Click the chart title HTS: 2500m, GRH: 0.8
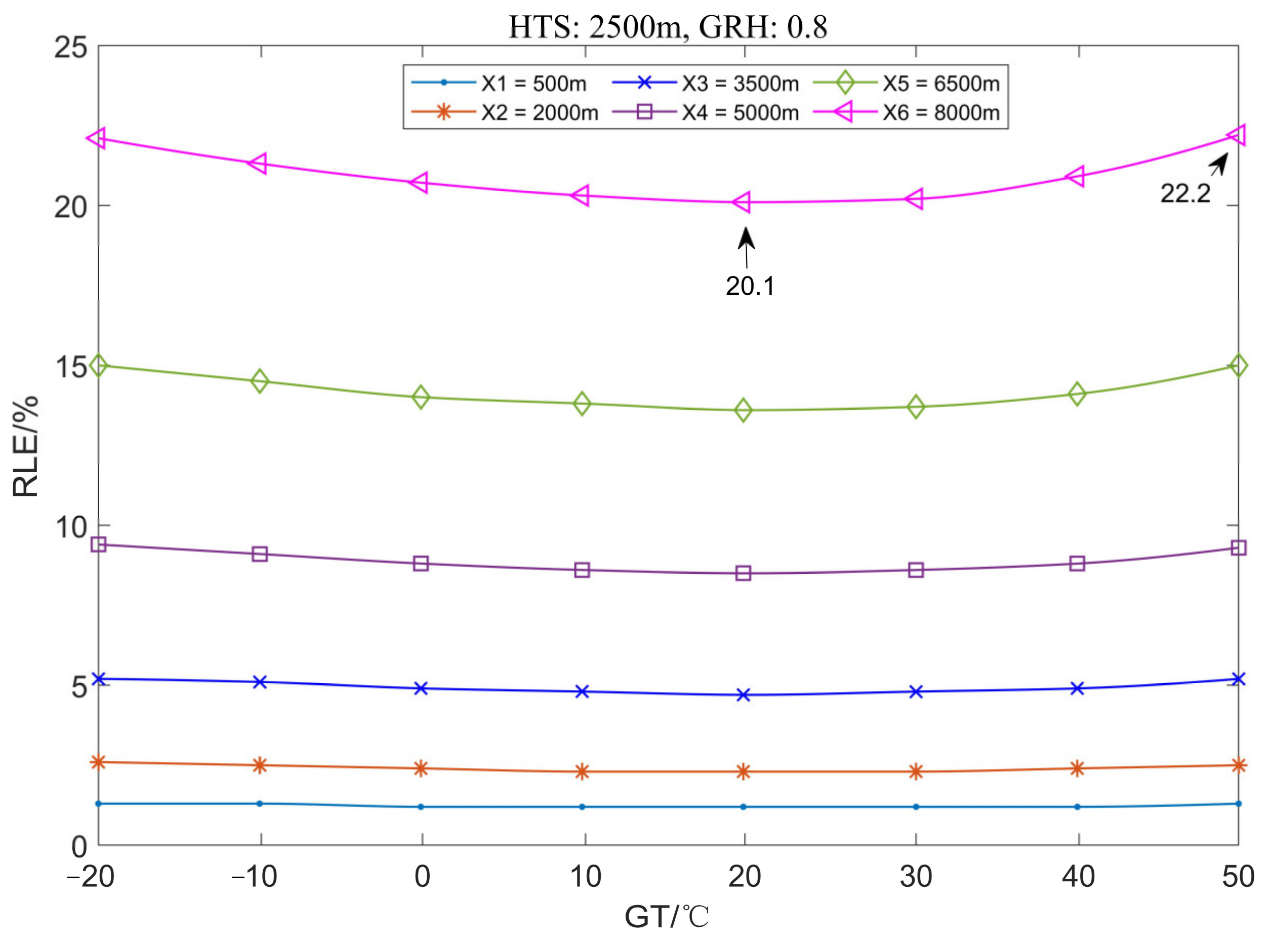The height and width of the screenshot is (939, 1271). click(667, 27)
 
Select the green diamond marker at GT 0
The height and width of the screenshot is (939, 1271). click(421, 397)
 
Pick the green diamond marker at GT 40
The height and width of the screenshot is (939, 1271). click(1077, 394)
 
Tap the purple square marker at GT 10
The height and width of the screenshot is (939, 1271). click(582, 570)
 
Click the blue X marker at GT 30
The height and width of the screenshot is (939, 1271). click(916, 692)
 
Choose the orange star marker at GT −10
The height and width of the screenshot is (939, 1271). click(260, 765)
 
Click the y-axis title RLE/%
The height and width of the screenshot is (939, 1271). click(25, 447)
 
